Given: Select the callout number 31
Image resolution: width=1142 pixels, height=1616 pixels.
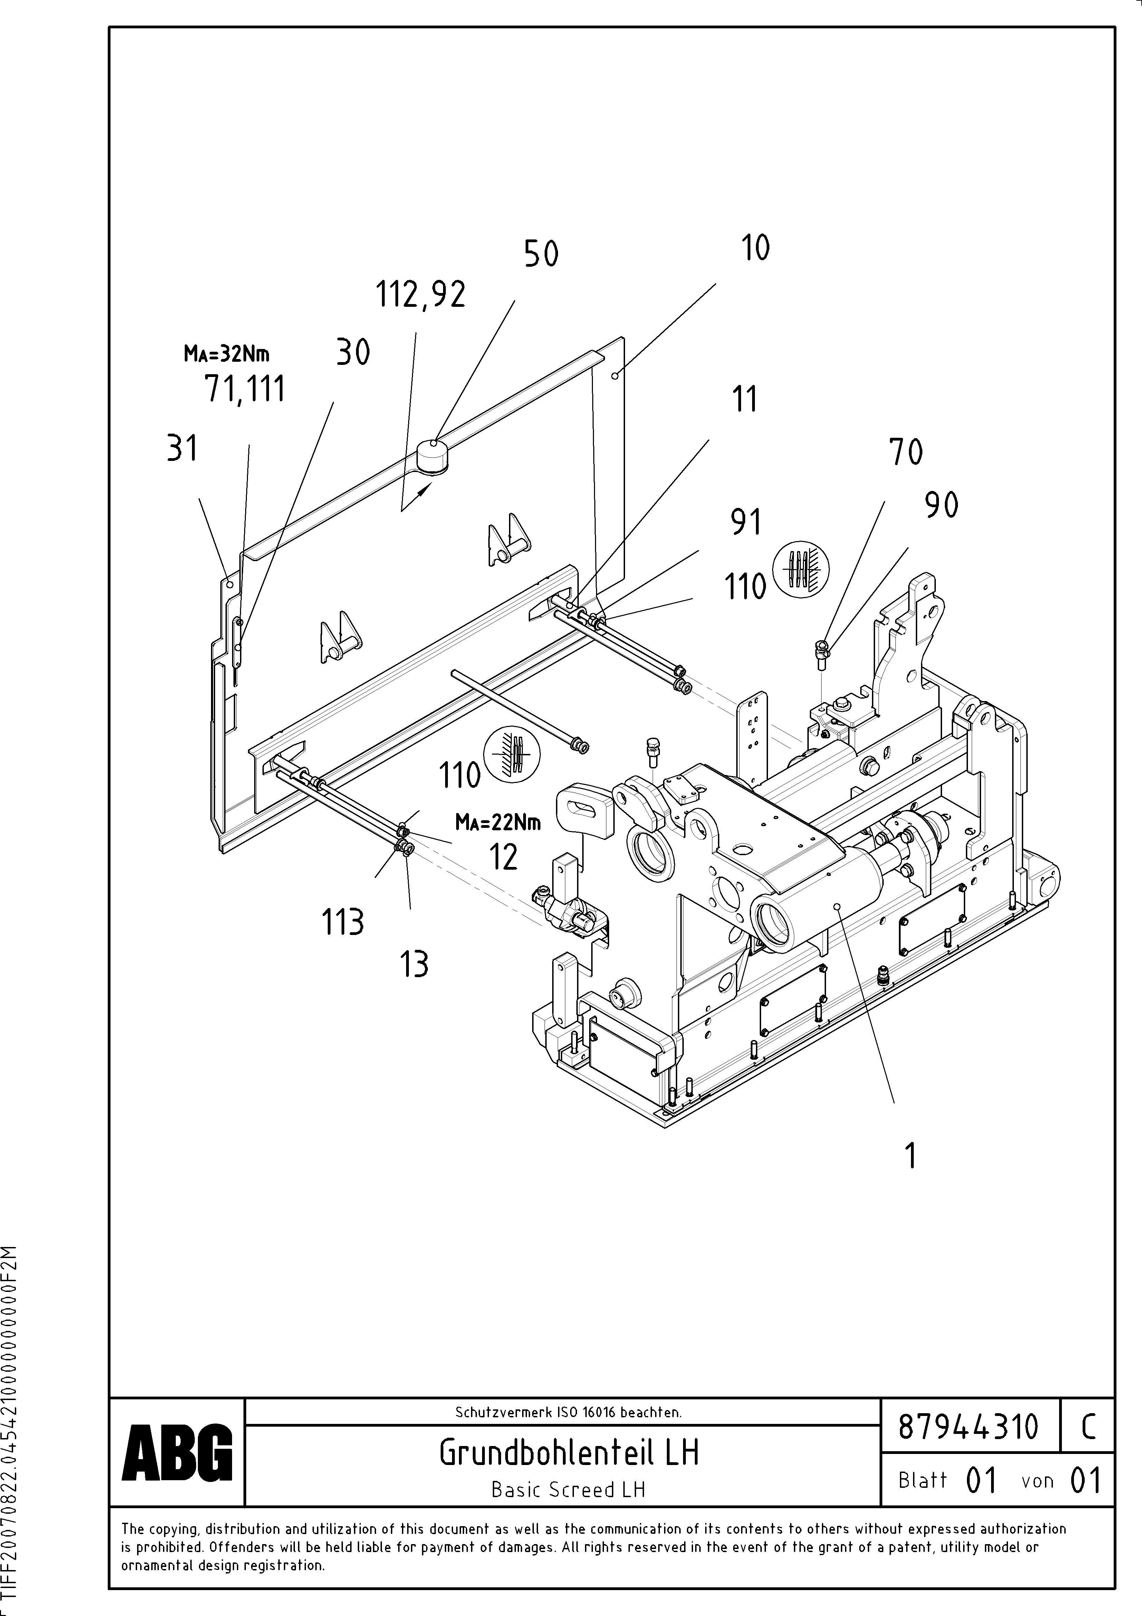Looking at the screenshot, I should (x=182, y=448).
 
